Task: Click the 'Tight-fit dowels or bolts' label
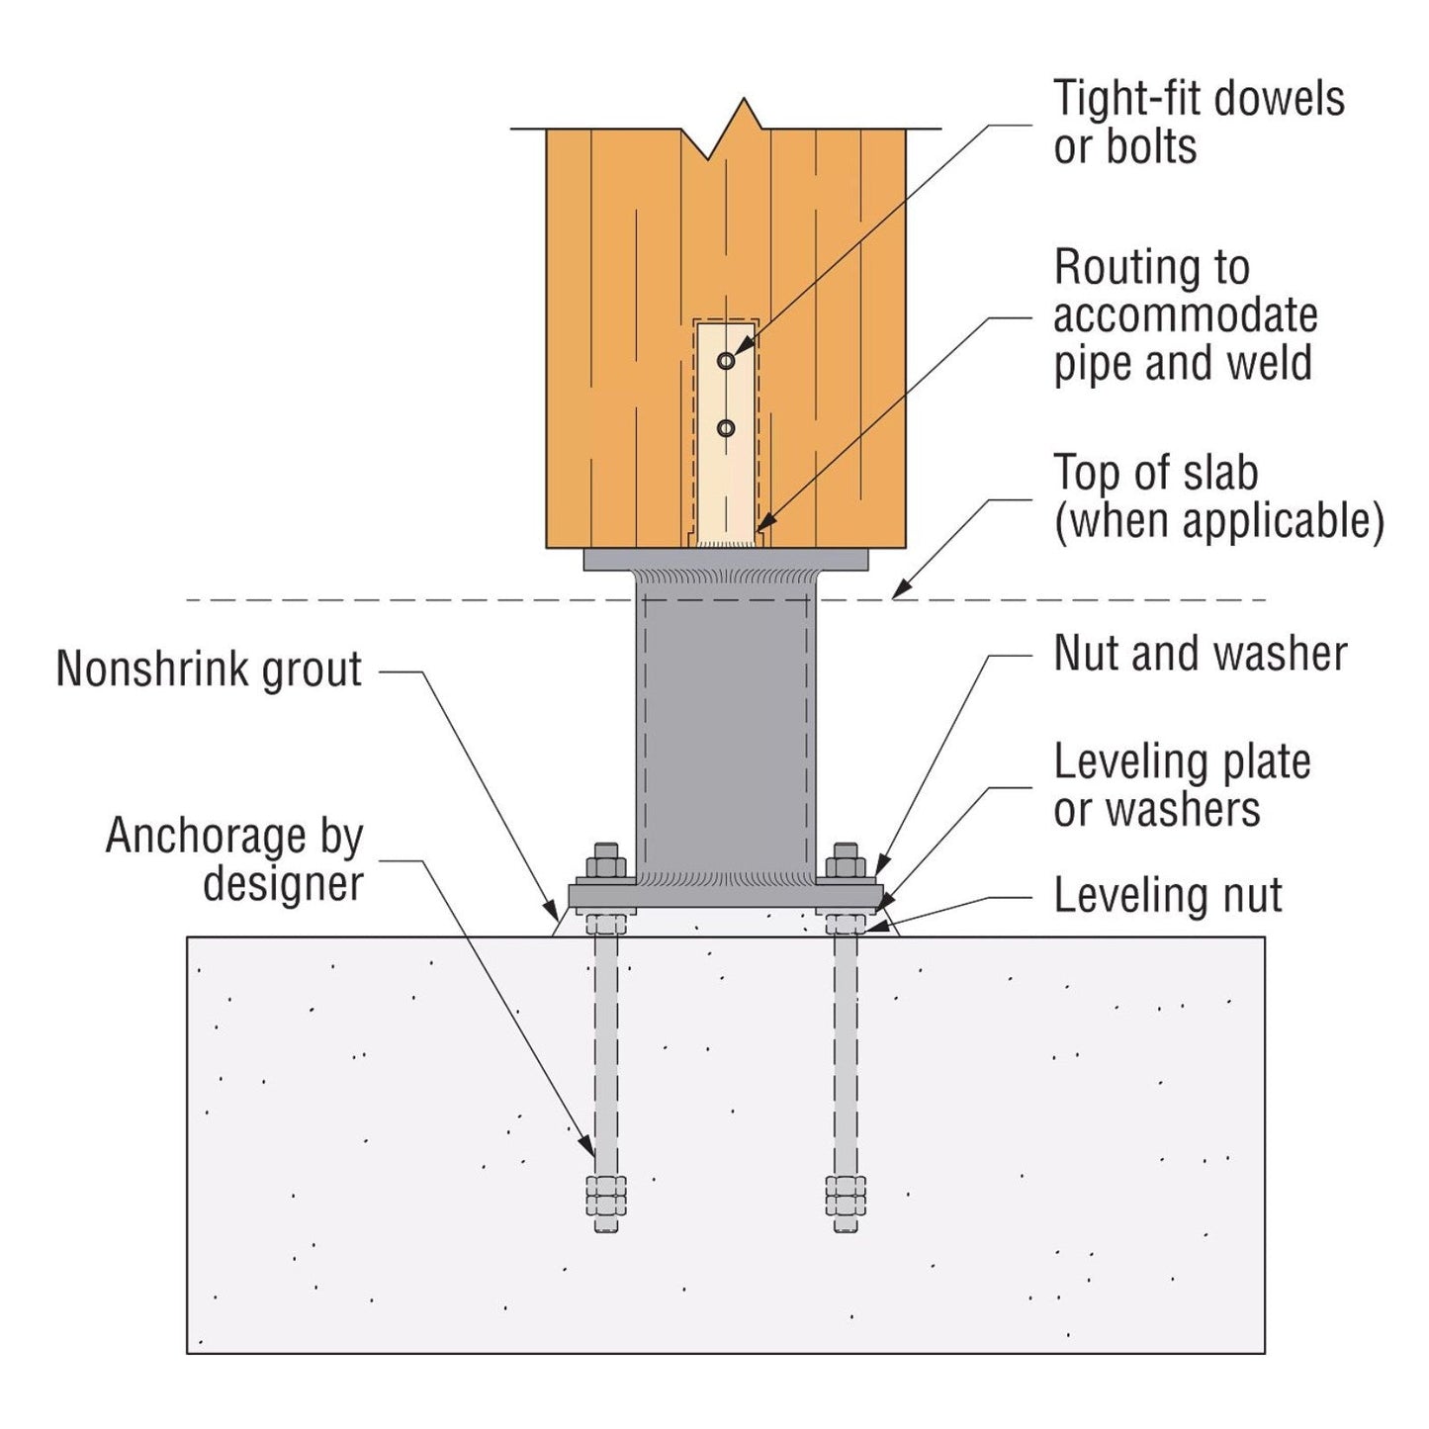pyautogui.click(x=1198, y=123)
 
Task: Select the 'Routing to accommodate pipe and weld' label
pyautogui.click(x=1184, y=315)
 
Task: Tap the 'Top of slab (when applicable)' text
pyautogui.click(x=1217, y=497)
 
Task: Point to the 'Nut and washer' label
pyautogui.click(x=1200, y=654)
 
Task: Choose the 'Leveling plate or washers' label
pyautogui.click(x=1182, y=786)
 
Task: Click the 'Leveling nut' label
pyautogui.click(x=1167, y=896)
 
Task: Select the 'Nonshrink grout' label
pyautogui.click(x=210, y=670)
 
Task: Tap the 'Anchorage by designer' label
pyautogui.click(x=235, y=860)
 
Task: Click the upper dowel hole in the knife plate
pyautogui.click(x=726, y=361)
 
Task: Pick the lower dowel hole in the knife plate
pyautogui.click(x=726, y=428)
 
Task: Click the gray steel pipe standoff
pyautogui.click(x=726, y=732)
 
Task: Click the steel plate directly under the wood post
pyautogui.click(x=726, y=561)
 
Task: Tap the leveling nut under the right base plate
pyautogui.click(x=846, y=925)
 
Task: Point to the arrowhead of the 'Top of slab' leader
pyautogui.click(x=898, y=593)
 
